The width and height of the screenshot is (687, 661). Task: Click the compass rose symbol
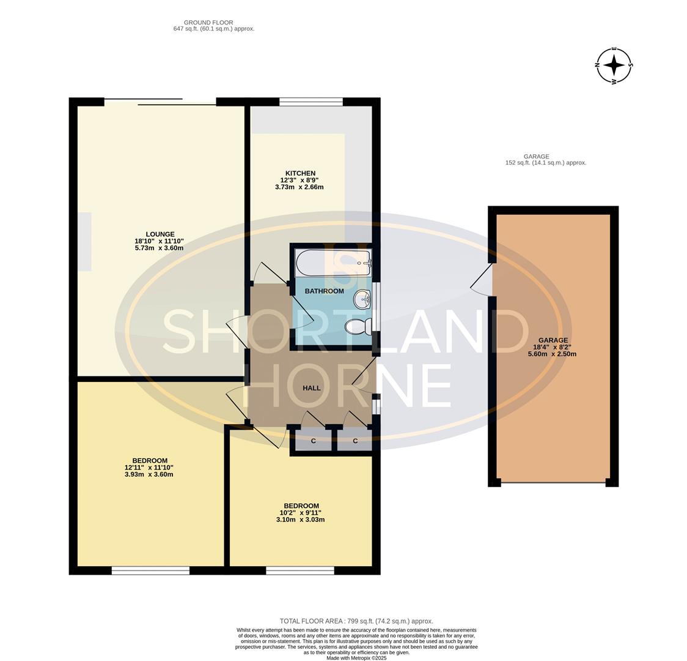pyautogui.click(x=614, y=65)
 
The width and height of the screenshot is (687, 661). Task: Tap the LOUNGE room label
pyautogui.click(x=160, y=234)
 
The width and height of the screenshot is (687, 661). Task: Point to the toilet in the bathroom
pyautogui.click(x=358, y=327)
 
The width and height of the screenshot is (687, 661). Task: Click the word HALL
pyautogui.click(x=311, y=388)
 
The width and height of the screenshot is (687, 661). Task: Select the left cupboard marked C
pyautogui.click(x=314, y=440)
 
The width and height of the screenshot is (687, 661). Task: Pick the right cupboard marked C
pyautogui.click(x=355, y=440)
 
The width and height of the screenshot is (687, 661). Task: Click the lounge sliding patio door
pyautogui.click(x=160, y=102)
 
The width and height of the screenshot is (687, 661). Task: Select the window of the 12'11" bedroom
pyautogui.click(x=150, y=570)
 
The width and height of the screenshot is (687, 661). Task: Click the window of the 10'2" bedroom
pyautogui.click(x=299, y=570)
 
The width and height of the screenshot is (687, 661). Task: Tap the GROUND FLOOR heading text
pyautogui.click(x=208, y=23)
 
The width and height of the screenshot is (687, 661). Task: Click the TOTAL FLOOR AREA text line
pyautogui.click(x=356, y=621)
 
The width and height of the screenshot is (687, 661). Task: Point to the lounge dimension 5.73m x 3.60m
pyautogui.click(x=159, y=248)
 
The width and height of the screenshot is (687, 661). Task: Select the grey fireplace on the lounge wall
pyautogui.click(x=84, y=241)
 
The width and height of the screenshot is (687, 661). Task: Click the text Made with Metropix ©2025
pyautogui.click(x=356, y=658)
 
